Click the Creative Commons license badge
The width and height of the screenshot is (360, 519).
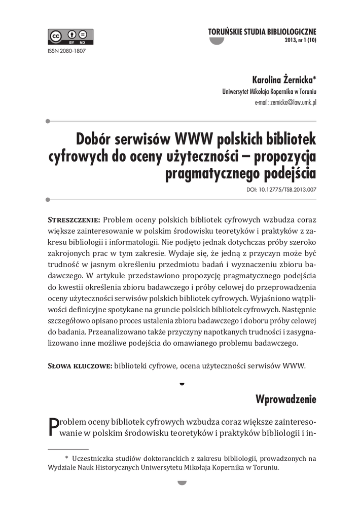(x=71, y=37)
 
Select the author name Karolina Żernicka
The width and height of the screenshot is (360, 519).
(x=282, y=80)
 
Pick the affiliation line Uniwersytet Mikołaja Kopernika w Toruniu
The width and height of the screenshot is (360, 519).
(x=269, y=92)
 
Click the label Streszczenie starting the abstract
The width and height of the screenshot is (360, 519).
(x=74, y=220)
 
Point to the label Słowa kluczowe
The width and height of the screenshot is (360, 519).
(x=80, y=366)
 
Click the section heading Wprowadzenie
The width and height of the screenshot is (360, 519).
(x=286, y=399)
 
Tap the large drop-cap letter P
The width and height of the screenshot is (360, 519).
(x=53, y=426)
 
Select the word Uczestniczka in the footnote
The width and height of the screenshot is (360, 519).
(x=93, y=458)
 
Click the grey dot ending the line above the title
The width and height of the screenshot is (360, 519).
(x=48, y=121)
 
